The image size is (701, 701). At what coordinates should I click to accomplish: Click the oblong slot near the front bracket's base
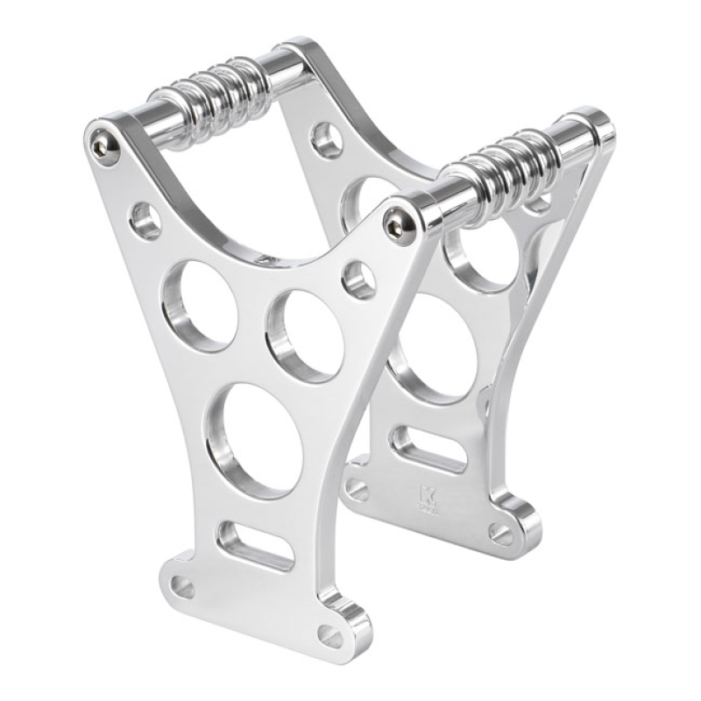tap(255, 545)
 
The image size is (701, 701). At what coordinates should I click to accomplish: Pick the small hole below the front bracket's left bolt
tap(145, 221)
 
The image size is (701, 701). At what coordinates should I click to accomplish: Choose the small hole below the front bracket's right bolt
tap(359, 280)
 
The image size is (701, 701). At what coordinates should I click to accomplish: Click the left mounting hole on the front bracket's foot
tap(182, 586)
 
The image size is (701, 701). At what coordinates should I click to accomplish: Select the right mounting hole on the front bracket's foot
tap(330, 636)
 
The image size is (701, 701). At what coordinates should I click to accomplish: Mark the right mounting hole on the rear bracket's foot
tap(499, 533)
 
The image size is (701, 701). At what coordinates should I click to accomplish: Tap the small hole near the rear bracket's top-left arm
tap(327, 139)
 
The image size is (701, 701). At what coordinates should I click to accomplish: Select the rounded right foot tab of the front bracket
tap(346, 624)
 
